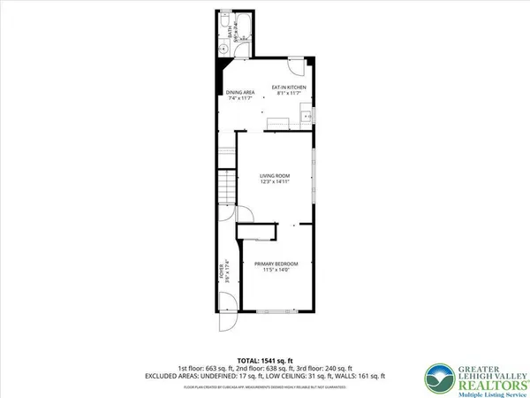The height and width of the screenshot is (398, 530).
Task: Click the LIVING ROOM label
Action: point(275,176)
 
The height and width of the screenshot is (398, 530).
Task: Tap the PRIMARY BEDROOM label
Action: point(276,264)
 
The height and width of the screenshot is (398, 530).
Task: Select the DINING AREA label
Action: point(240,90)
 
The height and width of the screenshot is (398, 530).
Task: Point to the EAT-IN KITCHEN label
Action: point(290,86)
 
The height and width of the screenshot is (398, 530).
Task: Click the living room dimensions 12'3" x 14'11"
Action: point(275,183)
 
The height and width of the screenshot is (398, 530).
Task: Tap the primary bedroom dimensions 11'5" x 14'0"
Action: point(276,271)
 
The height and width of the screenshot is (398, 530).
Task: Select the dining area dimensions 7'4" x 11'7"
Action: point(240,96)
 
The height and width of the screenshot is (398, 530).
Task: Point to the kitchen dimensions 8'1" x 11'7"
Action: point(290,93)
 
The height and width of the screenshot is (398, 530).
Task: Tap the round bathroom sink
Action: point(223,50)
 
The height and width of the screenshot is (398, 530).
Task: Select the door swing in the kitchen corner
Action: point(299,65)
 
